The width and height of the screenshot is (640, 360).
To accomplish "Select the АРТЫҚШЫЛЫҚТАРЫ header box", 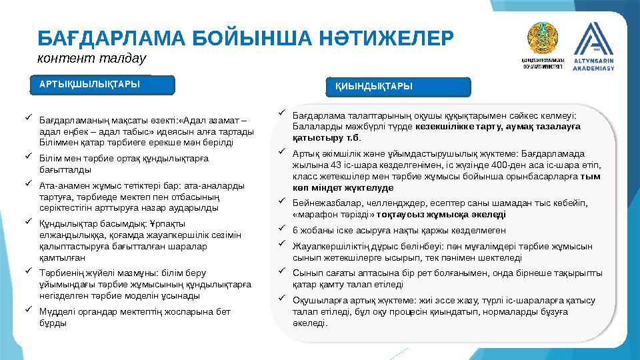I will (x=103, y=84).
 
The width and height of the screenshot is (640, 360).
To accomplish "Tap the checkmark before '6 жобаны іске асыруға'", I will (x=282, y=229).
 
